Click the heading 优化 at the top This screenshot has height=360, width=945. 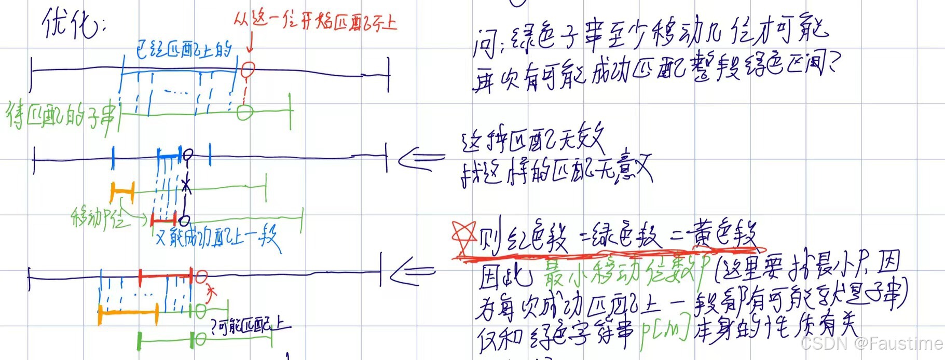[x=73, y=23]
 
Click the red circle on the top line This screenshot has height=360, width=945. [x=249, y=68]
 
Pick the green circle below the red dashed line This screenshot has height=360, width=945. [x=245, y=112]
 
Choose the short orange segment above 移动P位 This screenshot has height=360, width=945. [x=122, y=192]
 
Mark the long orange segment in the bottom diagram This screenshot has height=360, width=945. [x=128, y=313]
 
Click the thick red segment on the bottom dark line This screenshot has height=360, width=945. [x=166, y=276]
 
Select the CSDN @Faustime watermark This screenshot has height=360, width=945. [x=871, y=343]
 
